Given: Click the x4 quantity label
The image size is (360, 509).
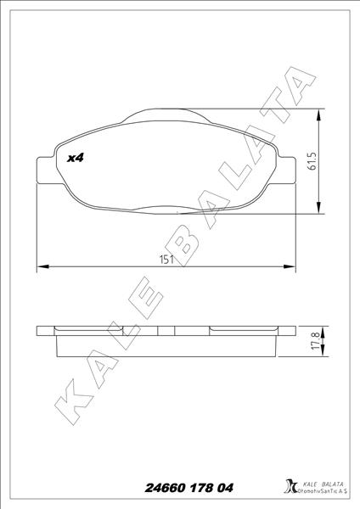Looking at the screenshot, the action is (76, 158).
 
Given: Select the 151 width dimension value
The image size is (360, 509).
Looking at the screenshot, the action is (166, 260).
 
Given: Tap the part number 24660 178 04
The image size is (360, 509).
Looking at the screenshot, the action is (188, 488).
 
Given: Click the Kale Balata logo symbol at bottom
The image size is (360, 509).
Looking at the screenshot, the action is (290, 486).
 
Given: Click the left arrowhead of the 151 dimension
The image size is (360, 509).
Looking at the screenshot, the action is (43, 266).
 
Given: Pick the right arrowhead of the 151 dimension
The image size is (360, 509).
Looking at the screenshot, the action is (290, 266).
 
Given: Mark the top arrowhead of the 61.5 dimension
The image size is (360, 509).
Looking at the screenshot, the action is (320, 115).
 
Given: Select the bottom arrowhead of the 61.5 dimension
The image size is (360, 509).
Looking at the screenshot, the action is (320, 208).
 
